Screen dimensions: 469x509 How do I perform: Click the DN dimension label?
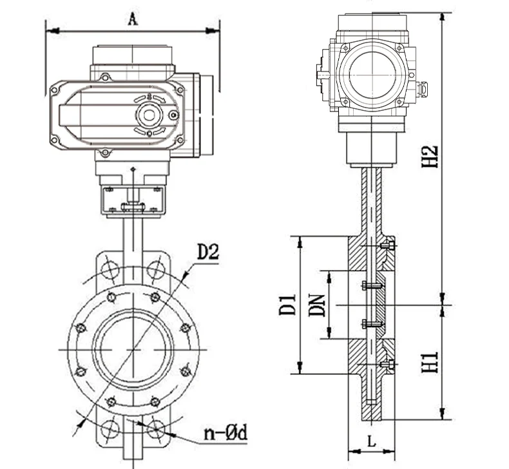pos(316,305)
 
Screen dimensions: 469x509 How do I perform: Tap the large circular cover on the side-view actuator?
pos(370,74)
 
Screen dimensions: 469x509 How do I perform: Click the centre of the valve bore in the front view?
pos(133,349)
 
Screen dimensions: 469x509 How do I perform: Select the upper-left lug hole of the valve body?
pos(110,269)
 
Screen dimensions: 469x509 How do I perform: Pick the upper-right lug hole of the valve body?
pos(155,269)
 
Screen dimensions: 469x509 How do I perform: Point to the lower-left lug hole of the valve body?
pos(110,428)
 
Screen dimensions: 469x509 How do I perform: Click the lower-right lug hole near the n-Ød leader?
pos(155,428)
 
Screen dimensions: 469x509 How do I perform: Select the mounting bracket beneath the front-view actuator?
pos(133,201)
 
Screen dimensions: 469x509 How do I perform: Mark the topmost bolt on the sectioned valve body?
pos(387,245)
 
